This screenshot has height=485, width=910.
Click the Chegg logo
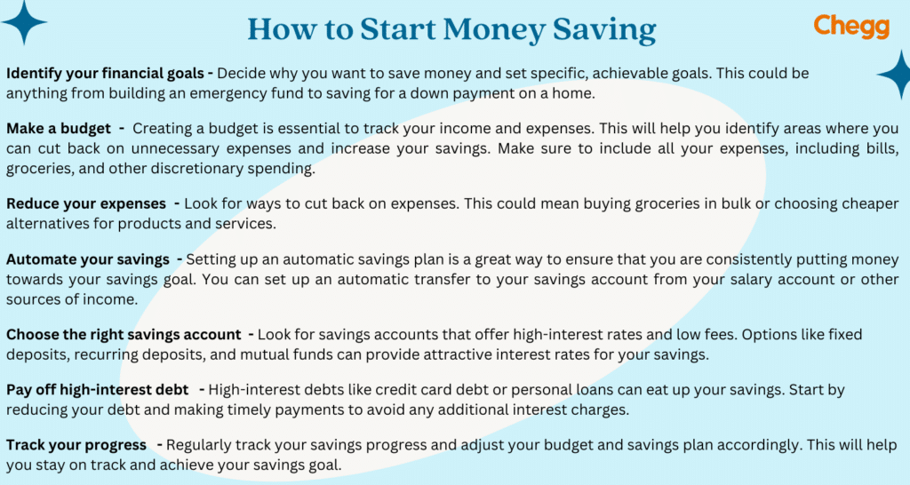tap(850, 26)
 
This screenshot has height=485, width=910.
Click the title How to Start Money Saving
tap(451, 29)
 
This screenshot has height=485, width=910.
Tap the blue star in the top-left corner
tap(23, 22)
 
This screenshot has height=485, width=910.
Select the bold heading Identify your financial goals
tap(104, 74)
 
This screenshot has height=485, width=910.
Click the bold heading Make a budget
tap(59, 129)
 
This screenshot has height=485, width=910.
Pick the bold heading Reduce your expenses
tap(86, 204)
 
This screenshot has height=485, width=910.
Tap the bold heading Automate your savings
tap(88, 259)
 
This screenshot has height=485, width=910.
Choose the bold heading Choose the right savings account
tap(124, 335)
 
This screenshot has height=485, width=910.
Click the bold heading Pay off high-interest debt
tap(97, 390)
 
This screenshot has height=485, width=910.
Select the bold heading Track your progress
tap(76, 444)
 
